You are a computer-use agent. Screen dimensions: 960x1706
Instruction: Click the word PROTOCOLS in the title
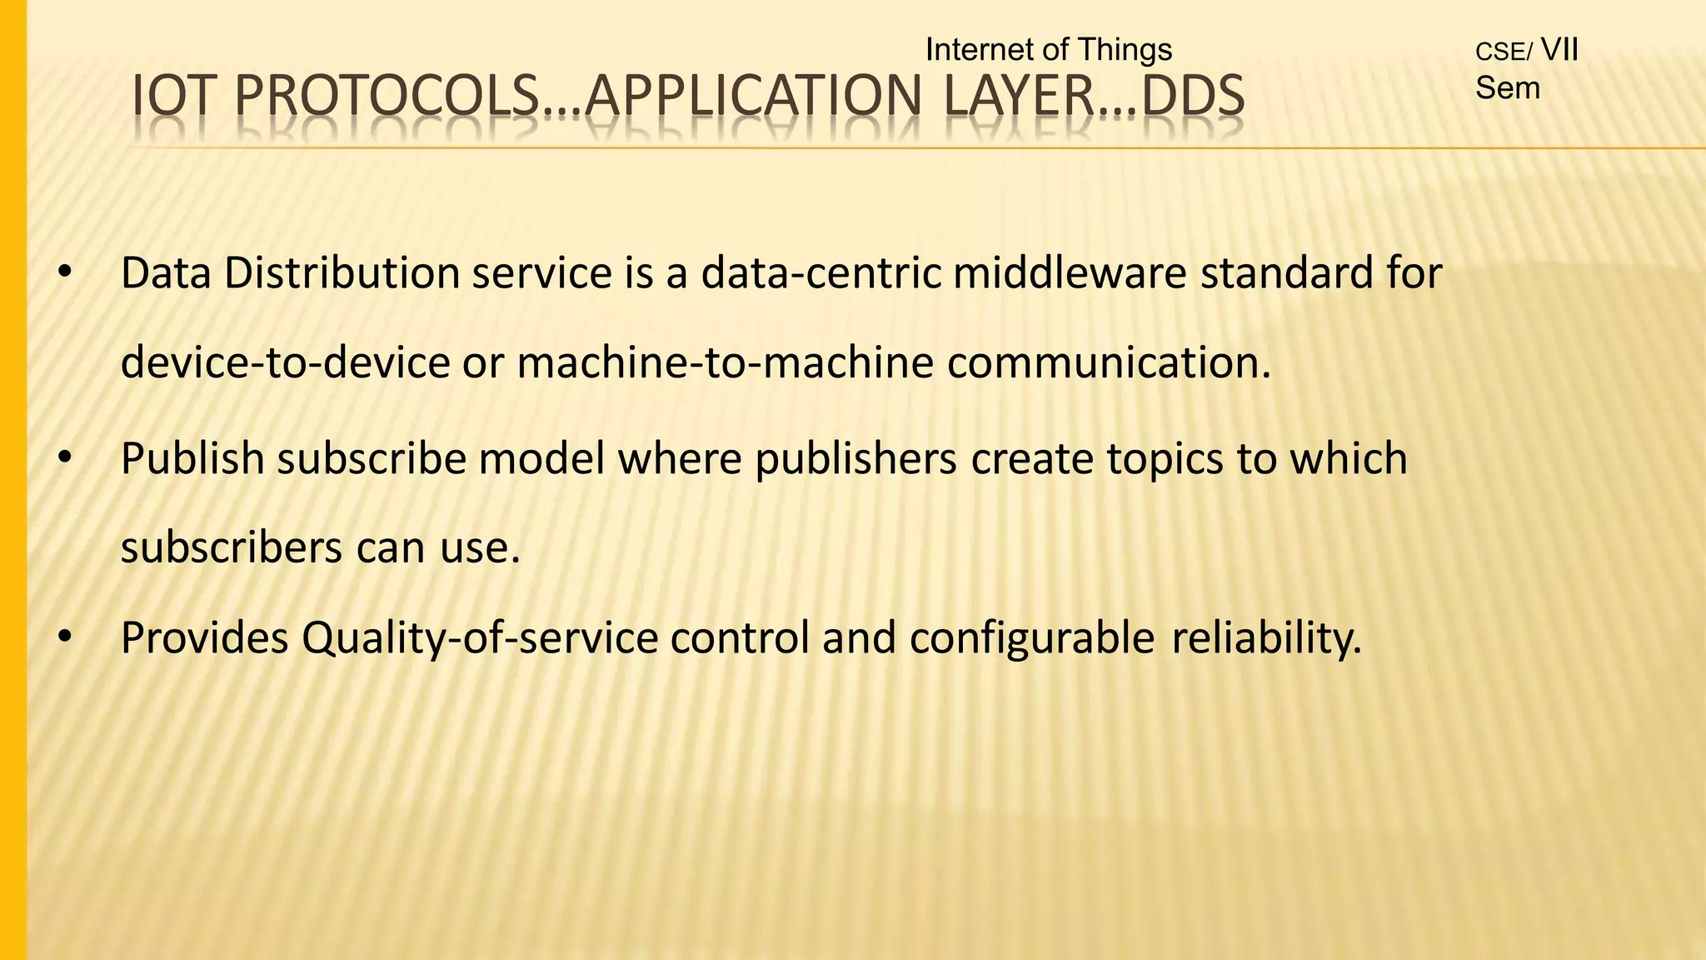(x=387, y=95)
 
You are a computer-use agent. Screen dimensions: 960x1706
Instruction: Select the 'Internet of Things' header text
(x=1048, y=50)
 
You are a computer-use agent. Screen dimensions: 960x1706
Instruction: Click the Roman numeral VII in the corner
(x=1559, y=50)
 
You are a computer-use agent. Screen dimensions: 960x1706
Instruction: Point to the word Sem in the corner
(x=1507, y=88)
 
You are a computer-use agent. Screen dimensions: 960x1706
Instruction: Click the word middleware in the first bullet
(x=1070, y=273)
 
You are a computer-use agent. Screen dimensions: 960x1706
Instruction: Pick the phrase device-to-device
(x=285, y=362)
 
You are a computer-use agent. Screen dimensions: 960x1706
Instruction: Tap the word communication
(x=1108, y=362)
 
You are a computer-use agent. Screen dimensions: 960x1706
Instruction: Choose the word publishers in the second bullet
(x=855, y=458)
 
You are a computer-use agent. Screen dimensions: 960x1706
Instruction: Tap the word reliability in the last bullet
(x=1265, y=639)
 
